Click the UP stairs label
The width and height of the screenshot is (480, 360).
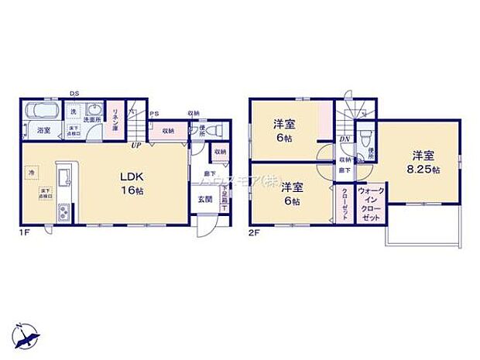pos(135,144)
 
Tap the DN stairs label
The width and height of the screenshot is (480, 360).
pos(345,139)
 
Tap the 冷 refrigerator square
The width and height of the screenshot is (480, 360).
pos(33,171)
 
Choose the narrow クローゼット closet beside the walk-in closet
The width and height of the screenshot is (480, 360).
pos(343,204)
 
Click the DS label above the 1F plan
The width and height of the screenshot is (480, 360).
pos(74,93)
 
